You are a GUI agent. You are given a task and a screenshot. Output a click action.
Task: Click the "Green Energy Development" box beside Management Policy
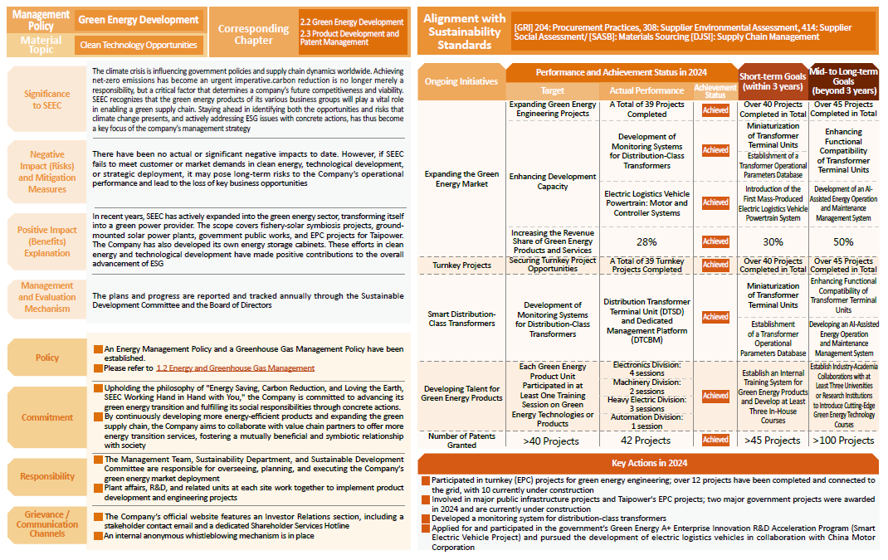tap(139, 20)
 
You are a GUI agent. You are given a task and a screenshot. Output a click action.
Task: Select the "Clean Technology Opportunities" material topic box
tap(139, 45)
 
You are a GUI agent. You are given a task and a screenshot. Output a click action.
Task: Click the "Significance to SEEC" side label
tap(47, 100)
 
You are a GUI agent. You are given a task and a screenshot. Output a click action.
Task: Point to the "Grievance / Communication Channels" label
tap(47, 523)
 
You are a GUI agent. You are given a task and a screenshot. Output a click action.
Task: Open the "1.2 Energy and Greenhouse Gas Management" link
tap(236, 368)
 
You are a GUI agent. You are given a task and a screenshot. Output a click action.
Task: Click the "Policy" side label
tap(47, 358)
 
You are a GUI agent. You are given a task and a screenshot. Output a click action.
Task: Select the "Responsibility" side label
tap(47, 476)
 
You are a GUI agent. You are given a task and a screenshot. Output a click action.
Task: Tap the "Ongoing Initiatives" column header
tap(461, 81)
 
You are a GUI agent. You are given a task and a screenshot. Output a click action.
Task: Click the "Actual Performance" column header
tap(646, 90)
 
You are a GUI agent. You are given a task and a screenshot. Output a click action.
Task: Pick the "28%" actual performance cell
tap(646, 242)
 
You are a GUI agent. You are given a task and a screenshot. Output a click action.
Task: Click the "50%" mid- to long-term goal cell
tap(843, 242)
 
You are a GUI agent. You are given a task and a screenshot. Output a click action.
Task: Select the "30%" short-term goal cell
tap(773, 242)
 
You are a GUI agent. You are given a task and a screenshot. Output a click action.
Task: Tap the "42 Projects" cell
tap(646, 441)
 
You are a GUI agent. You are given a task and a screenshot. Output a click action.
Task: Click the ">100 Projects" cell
tap(843, 441)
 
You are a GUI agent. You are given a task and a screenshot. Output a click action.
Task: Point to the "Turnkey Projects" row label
tap(461, 265)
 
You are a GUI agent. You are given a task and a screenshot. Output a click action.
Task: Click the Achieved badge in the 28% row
tap(715, 242)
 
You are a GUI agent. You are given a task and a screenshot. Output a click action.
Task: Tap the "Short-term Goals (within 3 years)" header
tap(773, 81)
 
